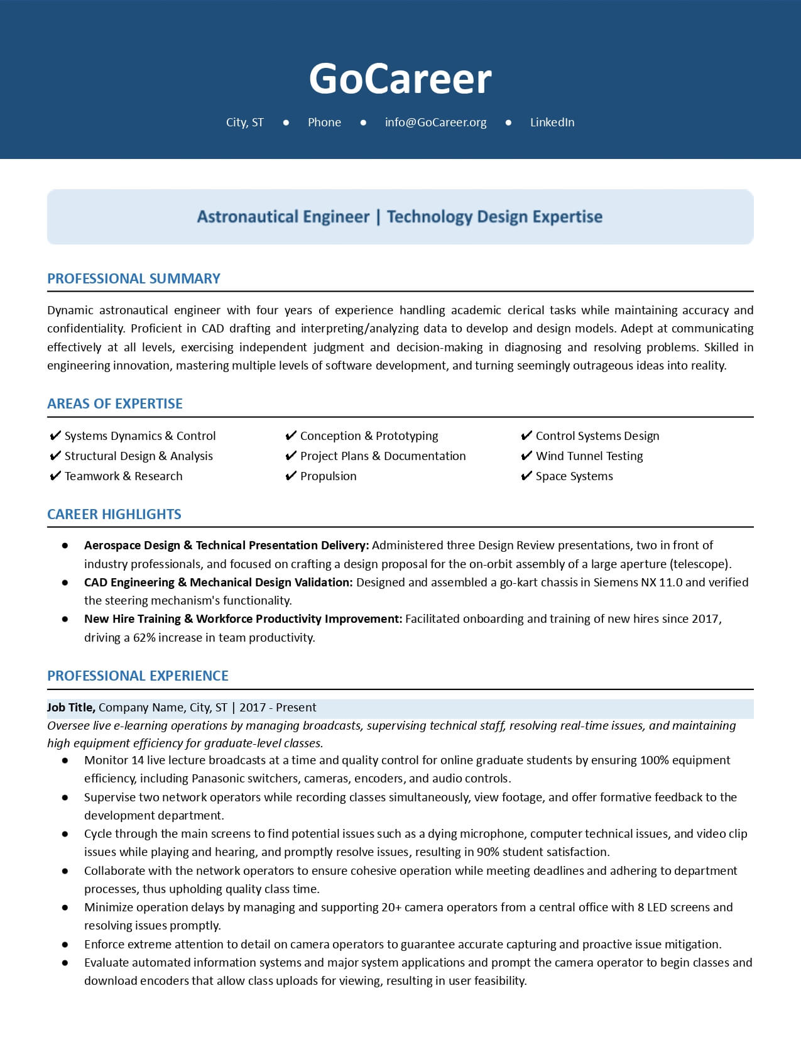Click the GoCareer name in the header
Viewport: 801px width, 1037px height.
pos(400,79)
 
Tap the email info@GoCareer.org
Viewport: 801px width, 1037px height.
pos(435,123)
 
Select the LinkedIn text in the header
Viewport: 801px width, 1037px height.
pos(552,123)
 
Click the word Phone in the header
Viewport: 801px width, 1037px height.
pos(324,123)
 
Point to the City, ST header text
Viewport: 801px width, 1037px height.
pos(244,123)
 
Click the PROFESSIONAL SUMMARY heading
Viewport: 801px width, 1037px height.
pos(133,278)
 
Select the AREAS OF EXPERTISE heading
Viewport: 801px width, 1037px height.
pos(114,403)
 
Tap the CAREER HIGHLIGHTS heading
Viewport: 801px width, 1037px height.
pos(114,514)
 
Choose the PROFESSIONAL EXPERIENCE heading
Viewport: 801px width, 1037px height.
pos(138,676)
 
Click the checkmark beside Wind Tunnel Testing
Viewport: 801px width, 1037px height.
pos(526,456)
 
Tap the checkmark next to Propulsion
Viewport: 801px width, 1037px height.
pos(291,476)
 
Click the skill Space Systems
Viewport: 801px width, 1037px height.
pos(574,476)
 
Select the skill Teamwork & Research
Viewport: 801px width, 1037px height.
pos(123,476)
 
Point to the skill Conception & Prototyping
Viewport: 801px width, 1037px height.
pos(369,436)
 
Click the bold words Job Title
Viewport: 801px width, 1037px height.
pos(71,708)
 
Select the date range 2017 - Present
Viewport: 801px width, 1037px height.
pos(278,708)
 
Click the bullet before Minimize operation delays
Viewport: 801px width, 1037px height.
pos(65,908)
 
